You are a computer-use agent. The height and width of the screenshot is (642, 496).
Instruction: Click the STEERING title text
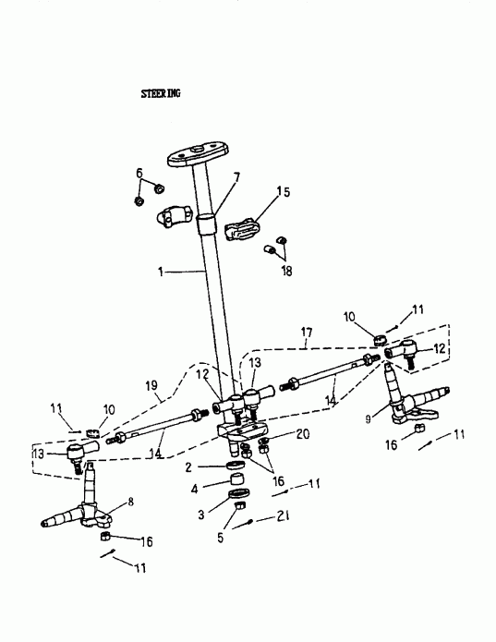click(161, 94)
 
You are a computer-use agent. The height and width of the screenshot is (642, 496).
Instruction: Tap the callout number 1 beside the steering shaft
click(161, 272)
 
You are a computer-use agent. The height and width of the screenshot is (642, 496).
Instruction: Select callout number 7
click(236, 177)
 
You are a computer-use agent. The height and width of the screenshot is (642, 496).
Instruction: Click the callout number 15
click(283, 191)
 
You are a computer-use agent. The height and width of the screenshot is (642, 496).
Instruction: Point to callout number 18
click(287, 271)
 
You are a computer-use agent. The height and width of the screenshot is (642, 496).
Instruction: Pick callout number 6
click(139, 173)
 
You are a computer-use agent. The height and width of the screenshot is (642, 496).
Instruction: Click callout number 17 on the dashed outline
click(307, 333)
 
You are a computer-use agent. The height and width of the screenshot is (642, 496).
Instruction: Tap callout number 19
click(151, 385)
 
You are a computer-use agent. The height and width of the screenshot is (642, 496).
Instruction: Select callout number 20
click(303, 434)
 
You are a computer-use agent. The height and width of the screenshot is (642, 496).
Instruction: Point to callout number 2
click(188, 467)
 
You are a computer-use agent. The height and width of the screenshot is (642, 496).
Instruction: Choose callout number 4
click(194, 489)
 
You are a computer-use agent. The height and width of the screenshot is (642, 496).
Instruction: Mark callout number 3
click(201, 515)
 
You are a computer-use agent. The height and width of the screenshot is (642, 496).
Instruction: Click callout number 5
click(221, 538)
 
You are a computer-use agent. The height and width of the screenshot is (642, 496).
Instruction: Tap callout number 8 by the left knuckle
click(130, 502)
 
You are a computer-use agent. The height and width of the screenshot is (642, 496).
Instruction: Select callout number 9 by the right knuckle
click(369, 418)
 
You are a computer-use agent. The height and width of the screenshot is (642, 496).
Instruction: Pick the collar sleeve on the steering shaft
click(206, 224)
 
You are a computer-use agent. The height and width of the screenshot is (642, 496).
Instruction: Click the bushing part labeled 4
click(236, 479)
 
